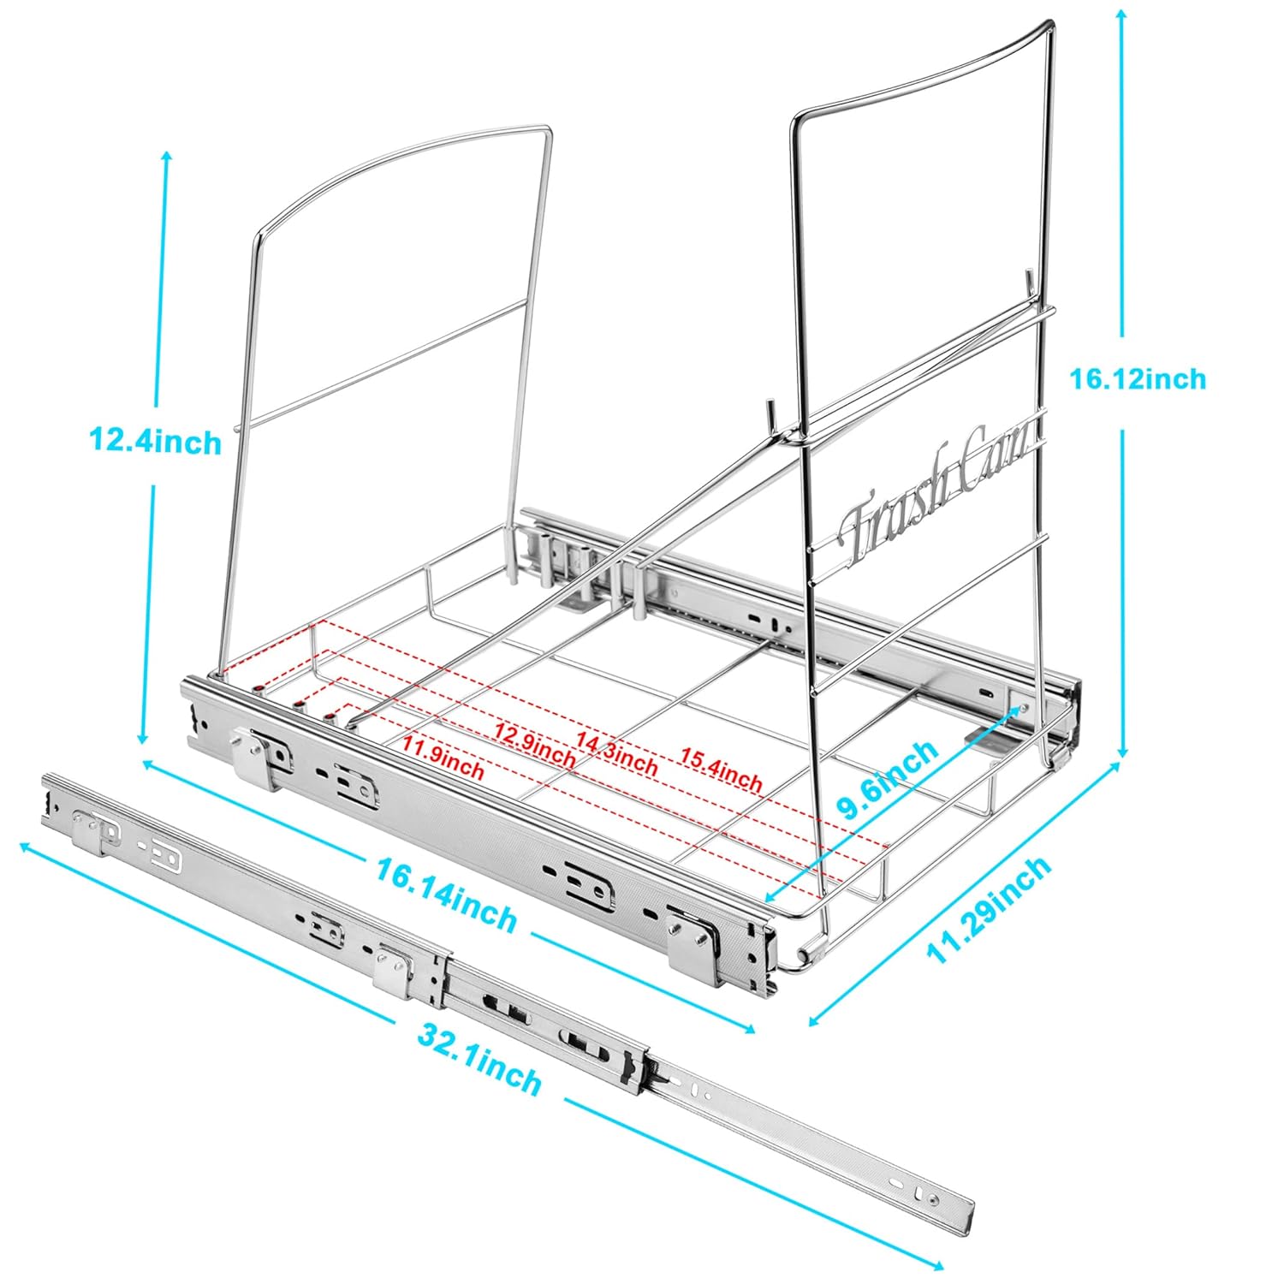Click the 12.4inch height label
tap(155, 442)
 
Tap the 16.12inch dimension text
tap(1138, 378)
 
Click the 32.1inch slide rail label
tap(479, 1059)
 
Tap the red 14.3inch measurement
tap(616, 751)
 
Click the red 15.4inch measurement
tap(721, 770)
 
